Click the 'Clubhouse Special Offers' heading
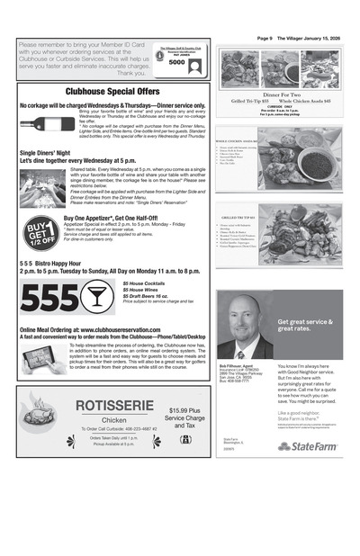[x=112, y=92]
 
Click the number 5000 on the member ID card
[x=176, y=63]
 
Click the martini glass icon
[x=109, y=296]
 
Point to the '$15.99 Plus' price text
[x=184, y=411]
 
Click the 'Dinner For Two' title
[x=279, y=94]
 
